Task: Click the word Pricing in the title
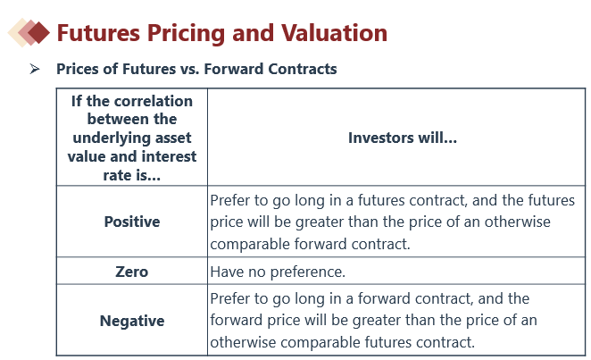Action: [187, 34]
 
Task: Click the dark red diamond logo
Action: [38, 33]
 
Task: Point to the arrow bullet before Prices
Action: [35, 69]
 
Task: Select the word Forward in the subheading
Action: [234, 69]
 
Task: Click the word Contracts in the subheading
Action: [303, 69]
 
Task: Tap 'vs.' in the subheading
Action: [190, 70]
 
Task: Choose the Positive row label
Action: [132, 222]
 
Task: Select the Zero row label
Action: [131, 272]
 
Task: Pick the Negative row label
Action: [132, 321]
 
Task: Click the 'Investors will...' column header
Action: [402, 138]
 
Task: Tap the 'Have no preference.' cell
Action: [278, 272]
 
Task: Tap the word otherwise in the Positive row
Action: [517, 222]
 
